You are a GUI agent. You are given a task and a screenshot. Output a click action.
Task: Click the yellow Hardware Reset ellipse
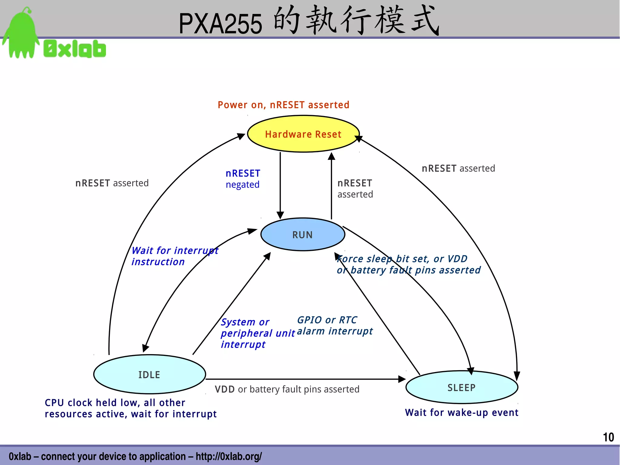(x=303, y=134)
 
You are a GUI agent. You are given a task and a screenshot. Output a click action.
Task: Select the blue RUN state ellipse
(x=303, y=234)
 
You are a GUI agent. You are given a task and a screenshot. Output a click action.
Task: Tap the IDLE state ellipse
(x=150, y=374)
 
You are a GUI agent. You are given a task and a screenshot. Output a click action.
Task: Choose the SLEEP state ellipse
(x=462, y=387)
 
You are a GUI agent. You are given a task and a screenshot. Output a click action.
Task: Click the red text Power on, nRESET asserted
(x=283, y=105)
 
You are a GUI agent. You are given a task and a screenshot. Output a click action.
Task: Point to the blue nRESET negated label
(x=243, y=179)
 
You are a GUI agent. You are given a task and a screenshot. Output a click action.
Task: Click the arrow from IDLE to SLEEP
(x=303, y=379)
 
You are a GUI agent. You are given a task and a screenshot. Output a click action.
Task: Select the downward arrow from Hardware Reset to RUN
(x=280, y=185)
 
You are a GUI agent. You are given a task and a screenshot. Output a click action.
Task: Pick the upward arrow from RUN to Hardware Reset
(x=331, y=185)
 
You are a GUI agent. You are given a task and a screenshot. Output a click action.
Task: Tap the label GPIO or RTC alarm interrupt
(x=335, y=325)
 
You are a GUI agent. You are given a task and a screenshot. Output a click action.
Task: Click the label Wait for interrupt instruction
(x=175, y=256)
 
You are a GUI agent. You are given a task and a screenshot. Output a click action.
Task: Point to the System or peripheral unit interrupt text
(x=257, y=333)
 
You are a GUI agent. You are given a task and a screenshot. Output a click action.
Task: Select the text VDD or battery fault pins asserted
(x=287, y=389)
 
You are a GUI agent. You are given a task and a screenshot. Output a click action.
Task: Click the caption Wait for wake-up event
(x=462, y=413)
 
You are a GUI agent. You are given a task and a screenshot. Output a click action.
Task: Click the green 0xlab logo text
(x=75, y=49)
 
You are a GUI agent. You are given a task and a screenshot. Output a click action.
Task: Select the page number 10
(x=608, y=437)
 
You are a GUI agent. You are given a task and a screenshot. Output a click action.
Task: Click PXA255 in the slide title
(x=220, y=24)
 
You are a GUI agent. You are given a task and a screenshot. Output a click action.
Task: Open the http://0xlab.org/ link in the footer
(x=229, y=456)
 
